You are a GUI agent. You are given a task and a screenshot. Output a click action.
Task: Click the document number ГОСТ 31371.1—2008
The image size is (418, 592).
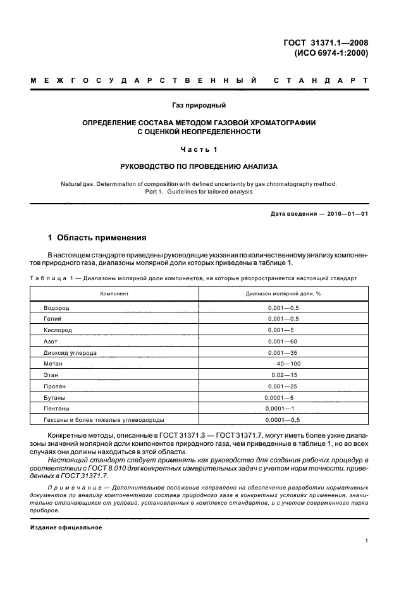327,43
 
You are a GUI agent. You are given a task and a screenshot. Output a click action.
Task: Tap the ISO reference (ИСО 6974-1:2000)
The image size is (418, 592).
331,54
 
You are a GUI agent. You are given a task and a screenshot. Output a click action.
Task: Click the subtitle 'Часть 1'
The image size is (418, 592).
199,149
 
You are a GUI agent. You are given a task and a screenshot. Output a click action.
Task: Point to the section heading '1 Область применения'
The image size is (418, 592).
97,238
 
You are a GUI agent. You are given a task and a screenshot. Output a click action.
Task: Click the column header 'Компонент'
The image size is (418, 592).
114,294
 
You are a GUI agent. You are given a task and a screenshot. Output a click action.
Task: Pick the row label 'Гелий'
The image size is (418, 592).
53,318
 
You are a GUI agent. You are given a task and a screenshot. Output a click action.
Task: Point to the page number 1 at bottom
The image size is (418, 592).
367,541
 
